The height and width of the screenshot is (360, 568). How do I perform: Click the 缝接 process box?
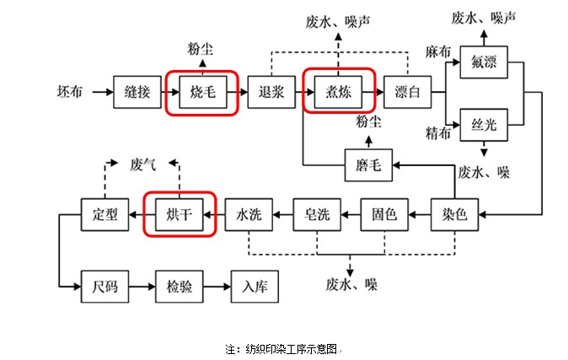(x=137, y=91)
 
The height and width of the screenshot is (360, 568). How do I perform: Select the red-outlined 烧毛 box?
(x=203, y=91)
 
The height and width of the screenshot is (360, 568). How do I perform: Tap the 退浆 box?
(x=271, y=91)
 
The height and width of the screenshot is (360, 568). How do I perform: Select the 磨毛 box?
(x=368, y=165)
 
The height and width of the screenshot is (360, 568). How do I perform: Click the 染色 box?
(x=454, y=214)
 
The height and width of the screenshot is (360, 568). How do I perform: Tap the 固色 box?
(x=384, y=214)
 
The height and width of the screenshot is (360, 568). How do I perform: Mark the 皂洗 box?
(x=316, y=214)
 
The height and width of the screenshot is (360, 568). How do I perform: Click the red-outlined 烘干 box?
(x=180, y=214)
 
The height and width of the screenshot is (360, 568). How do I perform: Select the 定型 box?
(x=105, y=214)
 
